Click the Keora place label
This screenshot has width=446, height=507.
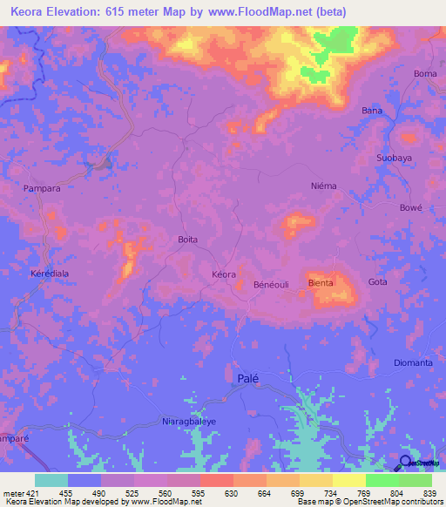[x=224, y=274]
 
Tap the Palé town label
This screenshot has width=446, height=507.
[x=248, y=378]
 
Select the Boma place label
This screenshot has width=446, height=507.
[x=425, y=74]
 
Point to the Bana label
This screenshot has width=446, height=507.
[x=372, y=111]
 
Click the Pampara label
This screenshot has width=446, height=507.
[x=42, y=188]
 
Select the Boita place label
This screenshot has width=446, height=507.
[x=187, y=240]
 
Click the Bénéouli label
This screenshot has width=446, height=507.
[x=270, y=285]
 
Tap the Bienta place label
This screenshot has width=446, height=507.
[x=321, y=283]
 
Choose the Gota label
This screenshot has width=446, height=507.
[x=377, y=282]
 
